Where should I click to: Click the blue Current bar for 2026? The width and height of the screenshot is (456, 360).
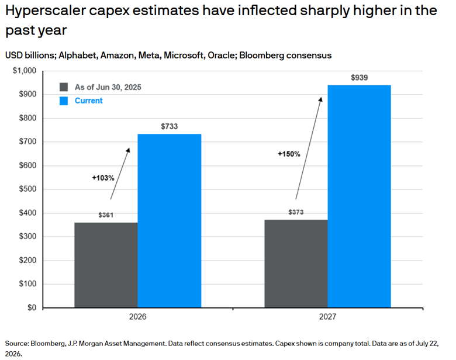click(x=170, y=221)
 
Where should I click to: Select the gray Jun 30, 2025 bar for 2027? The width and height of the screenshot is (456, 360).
click(x=296, y=264)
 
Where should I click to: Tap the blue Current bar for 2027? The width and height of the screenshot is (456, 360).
click(x=359, y=196)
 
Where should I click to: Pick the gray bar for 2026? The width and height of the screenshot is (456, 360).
click(x=106, y=265)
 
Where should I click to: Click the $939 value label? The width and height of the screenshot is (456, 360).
click(x=359, y=78)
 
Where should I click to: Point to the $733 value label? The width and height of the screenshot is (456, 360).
click(x=170, y=126)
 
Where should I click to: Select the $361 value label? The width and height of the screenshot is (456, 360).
click(x=106, y=215)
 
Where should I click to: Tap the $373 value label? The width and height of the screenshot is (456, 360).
click(x=296, y=212)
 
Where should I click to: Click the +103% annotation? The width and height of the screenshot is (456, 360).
click(x=103, y=178)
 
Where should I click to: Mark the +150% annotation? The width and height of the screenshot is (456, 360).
click(x=289, y=154)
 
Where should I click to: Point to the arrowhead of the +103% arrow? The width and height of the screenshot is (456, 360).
click(x=129, y=149)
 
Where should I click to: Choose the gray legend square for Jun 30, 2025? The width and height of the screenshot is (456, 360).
click(x=64, y=87)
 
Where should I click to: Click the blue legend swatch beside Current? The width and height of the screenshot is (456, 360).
click(x=64, y=101)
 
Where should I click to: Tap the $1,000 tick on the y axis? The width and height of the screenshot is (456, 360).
click(x=25, y=71)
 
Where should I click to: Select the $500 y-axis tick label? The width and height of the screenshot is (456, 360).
click(x=27, y=189)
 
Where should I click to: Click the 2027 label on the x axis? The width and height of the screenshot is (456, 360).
click(x=328, y=317)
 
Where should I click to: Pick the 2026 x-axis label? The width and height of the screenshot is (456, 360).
click(x=138, y=317)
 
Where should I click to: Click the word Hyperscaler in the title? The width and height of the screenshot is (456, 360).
click(x=46, y=11)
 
